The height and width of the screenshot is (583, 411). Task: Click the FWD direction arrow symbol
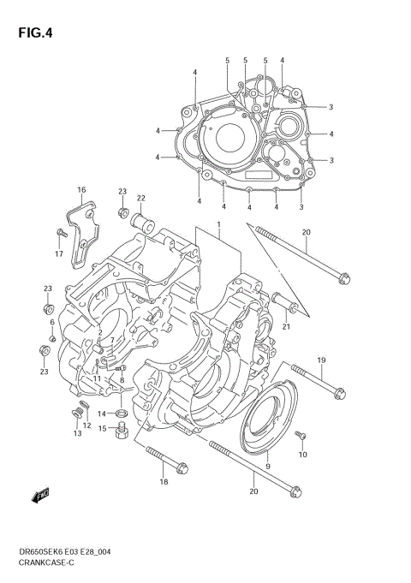(x=40, y=495)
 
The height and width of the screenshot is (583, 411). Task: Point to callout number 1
(x=218, y=224)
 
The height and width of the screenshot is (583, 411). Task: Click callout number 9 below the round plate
(x=268, y=465)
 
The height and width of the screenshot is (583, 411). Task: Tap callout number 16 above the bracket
(x=81, y=189)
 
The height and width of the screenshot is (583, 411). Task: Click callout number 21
(x=286, y=326)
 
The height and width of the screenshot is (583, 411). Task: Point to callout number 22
(x=140, y=198)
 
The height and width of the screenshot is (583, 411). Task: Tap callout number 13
(x=77, y=434)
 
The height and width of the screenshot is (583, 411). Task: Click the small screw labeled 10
(x=301, y=437)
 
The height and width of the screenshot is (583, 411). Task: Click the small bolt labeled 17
(x=61, y=233)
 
